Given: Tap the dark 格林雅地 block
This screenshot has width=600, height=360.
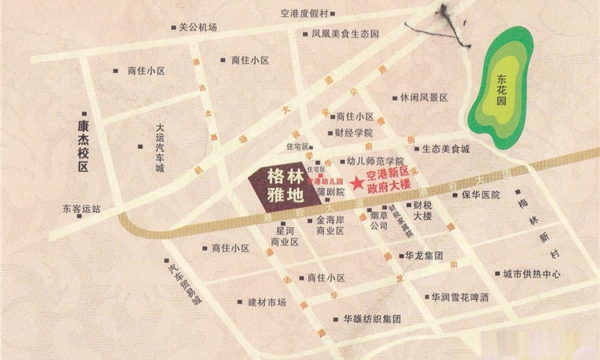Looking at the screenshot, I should point(274,186).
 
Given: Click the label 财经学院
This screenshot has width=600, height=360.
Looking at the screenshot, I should point(354,133).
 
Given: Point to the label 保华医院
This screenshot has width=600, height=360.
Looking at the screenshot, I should point(480,194).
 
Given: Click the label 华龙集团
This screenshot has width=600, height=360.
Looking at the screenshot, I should point(424,256).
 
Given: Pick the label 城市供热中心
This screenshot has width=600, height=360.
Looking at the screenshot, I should point(532,274).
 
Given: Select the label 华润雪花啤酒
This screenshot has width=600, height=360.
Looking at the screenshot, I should point(460,297).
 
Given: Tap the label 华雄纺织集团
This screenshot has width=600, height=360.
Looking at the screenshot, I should point(372,318).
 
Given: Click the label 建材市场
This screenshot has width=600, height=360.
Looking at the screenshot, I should point(266,302).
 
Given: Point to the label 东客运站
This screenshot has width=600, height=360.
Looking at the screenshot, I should point(82,210).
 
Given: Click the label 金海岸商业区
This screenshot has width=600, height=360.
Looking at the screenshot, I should point(330,225).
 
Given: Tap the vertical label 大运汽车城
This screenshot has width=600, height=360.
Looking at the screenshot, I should point(160,148).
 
